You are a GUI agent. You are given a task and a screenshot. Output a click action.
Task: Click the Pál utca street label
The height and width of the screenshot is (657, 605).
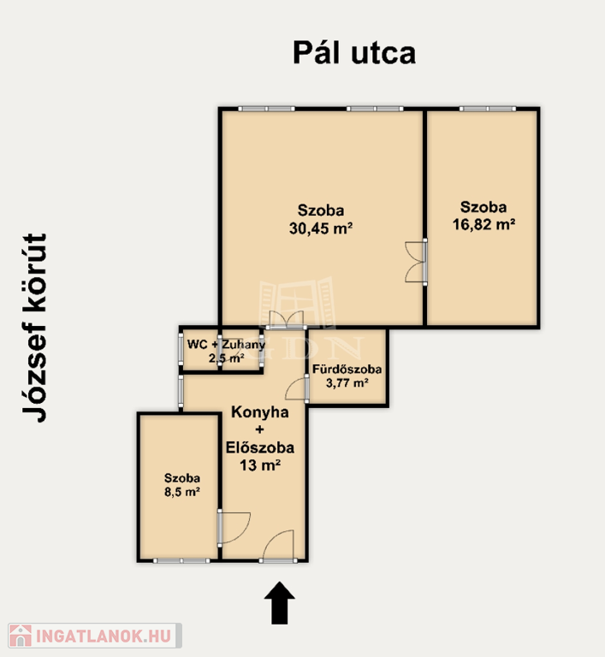[x=354, y=53]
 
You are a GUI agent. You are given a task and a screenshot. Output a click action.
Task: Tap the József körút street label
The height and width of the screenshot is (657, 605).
[x=34, y=328]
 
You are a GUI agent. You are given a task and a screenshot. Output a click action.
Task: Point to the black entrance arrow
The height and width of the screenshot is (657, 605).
[x=280, y=602]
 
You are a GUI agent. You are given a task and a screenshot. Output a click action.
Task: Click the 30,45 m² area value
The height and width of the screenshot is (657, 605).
[x=321, y=228]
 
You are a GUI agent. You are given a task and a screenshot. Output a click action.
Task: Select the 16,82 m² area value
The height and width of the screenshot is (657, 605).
[x=483, y=225]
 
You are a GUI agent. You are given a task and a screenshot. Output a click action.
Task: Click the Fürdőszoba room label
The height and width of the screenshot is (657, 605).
[x=347, y=370]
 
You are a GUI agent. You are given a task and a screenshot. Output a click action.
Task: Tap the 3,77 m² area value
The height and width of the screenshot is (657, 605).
[x=347, y=382]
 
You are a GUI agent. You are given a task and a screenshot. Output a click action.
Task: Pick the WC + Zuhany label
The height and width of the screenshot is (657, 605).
[x=226, y=345]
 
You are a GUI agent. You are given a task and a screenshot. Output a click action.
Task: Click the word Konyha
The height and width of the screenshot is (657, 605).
[x=260, y=411]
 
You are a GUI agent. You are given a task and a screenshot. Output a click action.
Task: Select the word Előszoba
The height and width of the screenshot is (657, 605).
[x=260, y=447]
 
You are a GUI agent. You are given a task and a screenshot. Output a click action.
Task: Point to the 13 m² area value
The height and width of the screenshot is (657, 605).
[x=260, y=465]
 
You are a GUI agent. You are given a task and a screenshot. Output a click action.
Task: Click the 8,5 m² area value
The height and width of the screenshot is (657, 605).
[x=182, y=492]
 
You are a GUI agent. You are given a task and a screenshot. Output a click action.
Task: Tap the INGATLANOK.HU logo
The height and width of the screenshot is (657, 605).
[x=95, y=636]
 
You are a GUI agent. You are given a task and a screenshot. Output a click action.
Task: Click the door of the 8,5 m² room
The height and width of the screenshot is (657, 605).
[x=234, y=528]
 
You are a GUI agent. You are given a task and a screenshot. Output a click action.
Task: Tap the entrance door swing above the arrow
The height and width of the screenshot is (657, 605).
[x=278, y=546]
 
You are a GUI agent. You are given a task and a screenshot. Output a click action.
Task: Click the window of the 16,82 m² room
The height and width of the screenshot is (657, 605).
[x=488, y=109]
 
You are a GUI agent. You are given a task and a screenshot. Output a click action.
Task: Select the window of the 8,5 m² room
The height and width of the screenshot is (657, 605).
[x=181, y=560]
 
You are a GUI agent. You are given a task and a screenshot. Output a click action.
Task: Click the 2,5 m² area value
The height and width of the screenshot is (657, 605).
[x=227, y=358]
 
